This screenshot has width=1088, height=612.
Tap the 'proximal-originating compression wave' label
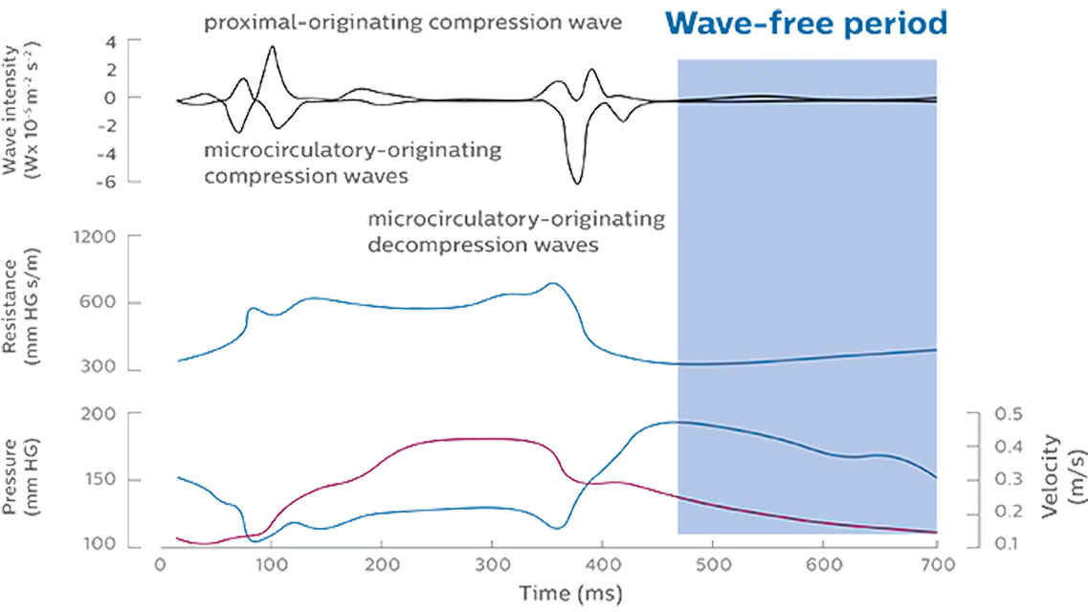pos(412,20)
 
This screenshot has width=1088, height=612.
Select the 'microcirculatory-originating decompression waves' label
pos(516,232)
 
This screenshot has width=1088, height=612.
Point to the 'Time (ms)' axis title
pos(570,593)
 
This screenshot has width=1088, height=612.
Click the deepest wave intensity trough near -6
pos(575,183)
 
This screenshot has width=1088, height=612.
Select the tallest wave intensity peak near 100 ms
pos(273,46)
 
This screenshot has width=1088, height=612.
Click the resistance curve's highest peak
pos(551,283)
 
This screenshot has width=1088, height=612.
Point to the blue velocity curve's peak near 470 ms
pos(676,422)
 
